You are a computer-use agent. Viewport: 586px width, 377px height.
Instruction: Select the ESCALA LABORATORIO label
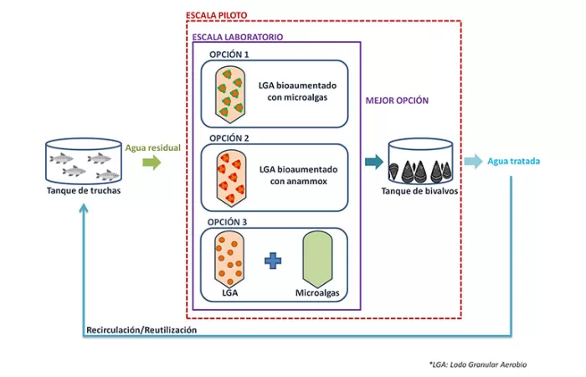point(237,38)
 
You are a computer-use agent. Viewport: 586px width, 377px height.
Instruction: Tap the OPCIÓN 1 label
point(229,54)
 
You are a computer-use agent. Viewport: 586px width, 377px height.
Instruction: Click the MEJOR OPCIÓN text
point(398,100)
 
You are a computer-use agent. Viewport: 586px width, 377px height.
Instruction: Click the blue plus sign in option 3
point(272,261)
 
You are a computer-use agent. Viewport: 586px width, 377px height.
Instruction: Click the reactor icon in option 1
point(229,91)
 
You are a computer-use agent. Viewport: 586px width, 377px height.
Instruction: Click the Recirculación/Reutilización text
point(141,331)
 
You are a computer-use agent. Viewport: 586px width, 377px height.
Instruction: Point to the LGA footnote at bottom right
point(477,364)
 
